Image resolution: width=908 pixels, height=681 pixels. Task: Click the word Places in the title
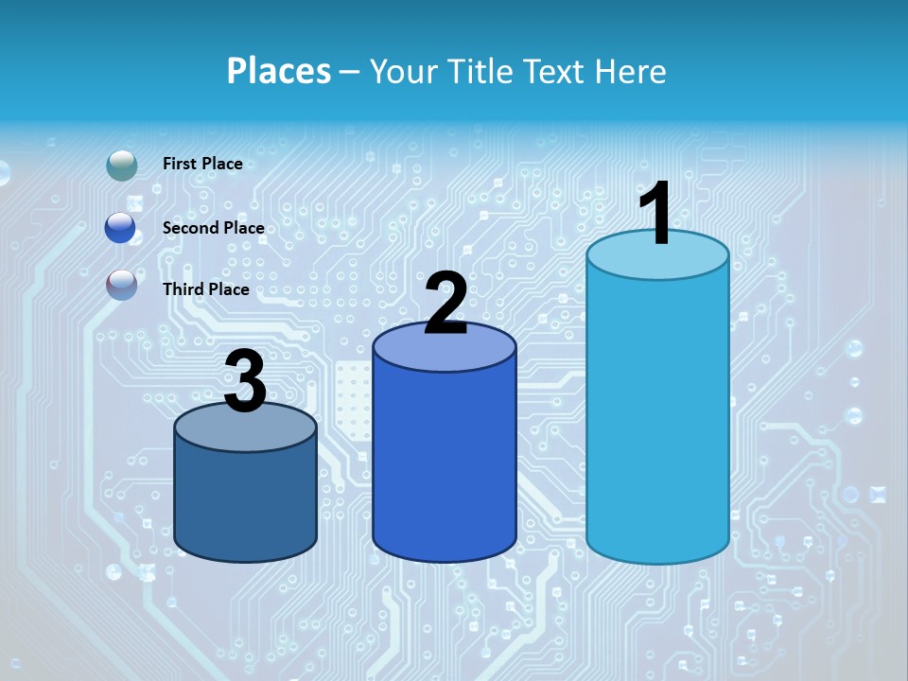(279, 71)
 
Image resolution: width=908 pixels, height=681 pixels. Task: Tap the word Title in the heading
(480, 71)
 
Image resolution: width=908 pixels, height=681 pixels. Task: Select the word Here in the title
(632, 71)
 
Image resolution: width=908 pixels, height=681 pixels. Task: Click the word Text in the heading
(558, 71)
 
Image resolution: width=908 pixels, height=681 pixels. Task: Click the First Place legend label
(202, 164)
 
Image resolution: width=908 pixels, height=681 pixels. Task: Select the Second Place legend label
(213, 228)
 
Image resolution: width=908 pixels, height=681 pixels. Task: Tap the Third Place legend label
(206, 289)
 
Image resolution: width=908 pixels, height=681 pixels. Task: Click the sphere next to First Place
(121, 166)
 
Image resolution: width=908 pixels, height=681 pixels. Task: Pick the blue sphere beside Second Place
(121, 228)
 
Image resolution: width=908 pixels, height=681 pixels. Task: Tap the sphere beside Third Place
(121, 284)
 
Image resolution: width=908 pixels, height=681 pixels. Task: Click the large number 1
(655, 215)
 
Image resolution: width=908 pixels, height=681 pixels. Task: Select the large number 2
(446, 304)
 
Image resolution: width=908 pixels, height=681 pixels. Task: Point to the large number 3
(245, 381)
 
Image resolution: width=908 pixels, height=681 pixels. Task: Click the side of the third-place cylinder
(245, 501)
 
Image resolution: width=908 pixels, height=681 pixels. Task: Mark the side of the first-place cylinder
(657, 416)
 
